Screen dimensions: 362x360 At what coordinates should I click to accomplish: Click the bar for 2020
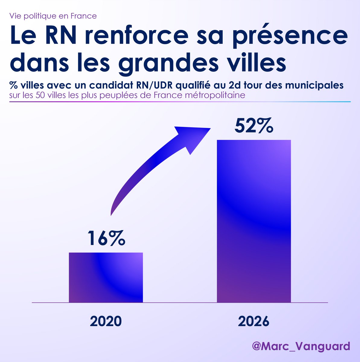pos(106,277)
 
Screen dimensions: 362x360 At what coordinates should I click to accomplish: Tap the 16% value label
pos(106,238)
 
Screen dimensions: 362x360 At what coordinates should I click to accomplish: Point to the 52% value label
pos(254,126)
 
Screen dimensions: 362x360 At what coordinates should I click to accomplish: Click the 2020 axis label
pos(106,322)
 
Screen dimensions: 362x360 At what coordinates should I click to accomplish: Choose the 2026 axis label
pos(253,322)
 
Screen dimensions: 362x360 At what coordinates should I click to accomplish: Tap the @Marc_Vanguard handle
pos(301,346)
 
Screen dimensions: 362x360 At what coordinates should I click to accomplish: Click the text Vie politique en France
pos(53,16)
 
